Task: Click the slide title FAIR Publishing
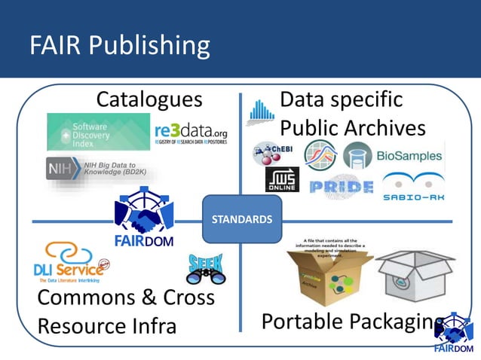(120, 45)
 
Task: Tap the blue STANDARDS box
(242, 219)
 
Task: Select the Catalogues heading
(149, 99)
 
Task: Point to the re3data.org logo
(190, 133)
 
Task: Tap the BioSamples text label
(410, 157)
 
